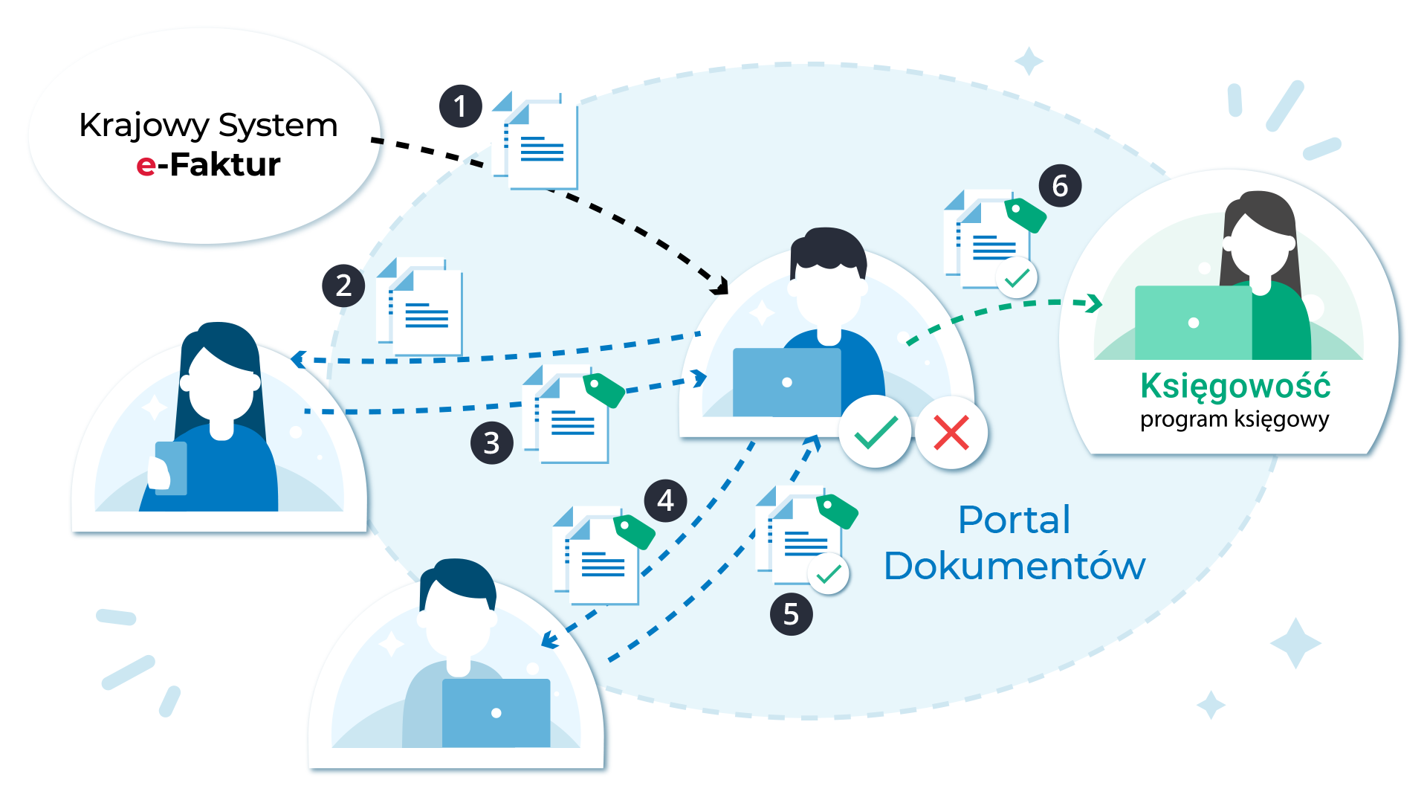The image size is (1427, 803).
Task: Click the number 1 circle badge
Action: click(461, 106)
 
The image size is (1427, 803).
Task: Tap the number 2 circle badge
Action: click(343, 286)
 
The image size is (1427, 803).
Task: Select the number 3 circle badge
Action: click(491, 443)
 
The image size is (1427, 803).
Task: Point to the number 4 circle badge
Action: click(665, 500)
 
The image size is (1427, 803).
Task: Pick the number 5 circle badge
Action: click(791, 614)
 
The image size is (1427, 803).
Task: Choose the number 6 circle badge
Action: click(1060, 185)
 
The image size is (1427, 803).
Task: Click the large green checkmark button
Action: click(876, 432)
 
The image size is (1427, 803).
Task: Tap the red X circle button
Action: click(951, 433)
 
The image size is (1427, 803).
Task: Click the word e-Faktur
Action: click(208, 164)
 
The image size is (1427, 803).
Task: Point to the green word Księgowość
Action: click(1235, 387)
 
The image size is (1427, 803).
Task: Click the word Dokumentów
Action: click(1015, 566)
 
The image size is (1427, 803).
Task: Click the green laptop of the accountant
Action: click(1193, 323)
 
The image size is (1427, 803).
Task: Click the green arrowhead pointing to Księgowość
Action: click(1094, 303)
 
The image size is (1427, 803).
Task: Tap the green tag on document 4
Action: click(634, 531)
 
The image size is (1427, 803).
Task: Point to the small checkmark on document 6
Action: click(1017, 279)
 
